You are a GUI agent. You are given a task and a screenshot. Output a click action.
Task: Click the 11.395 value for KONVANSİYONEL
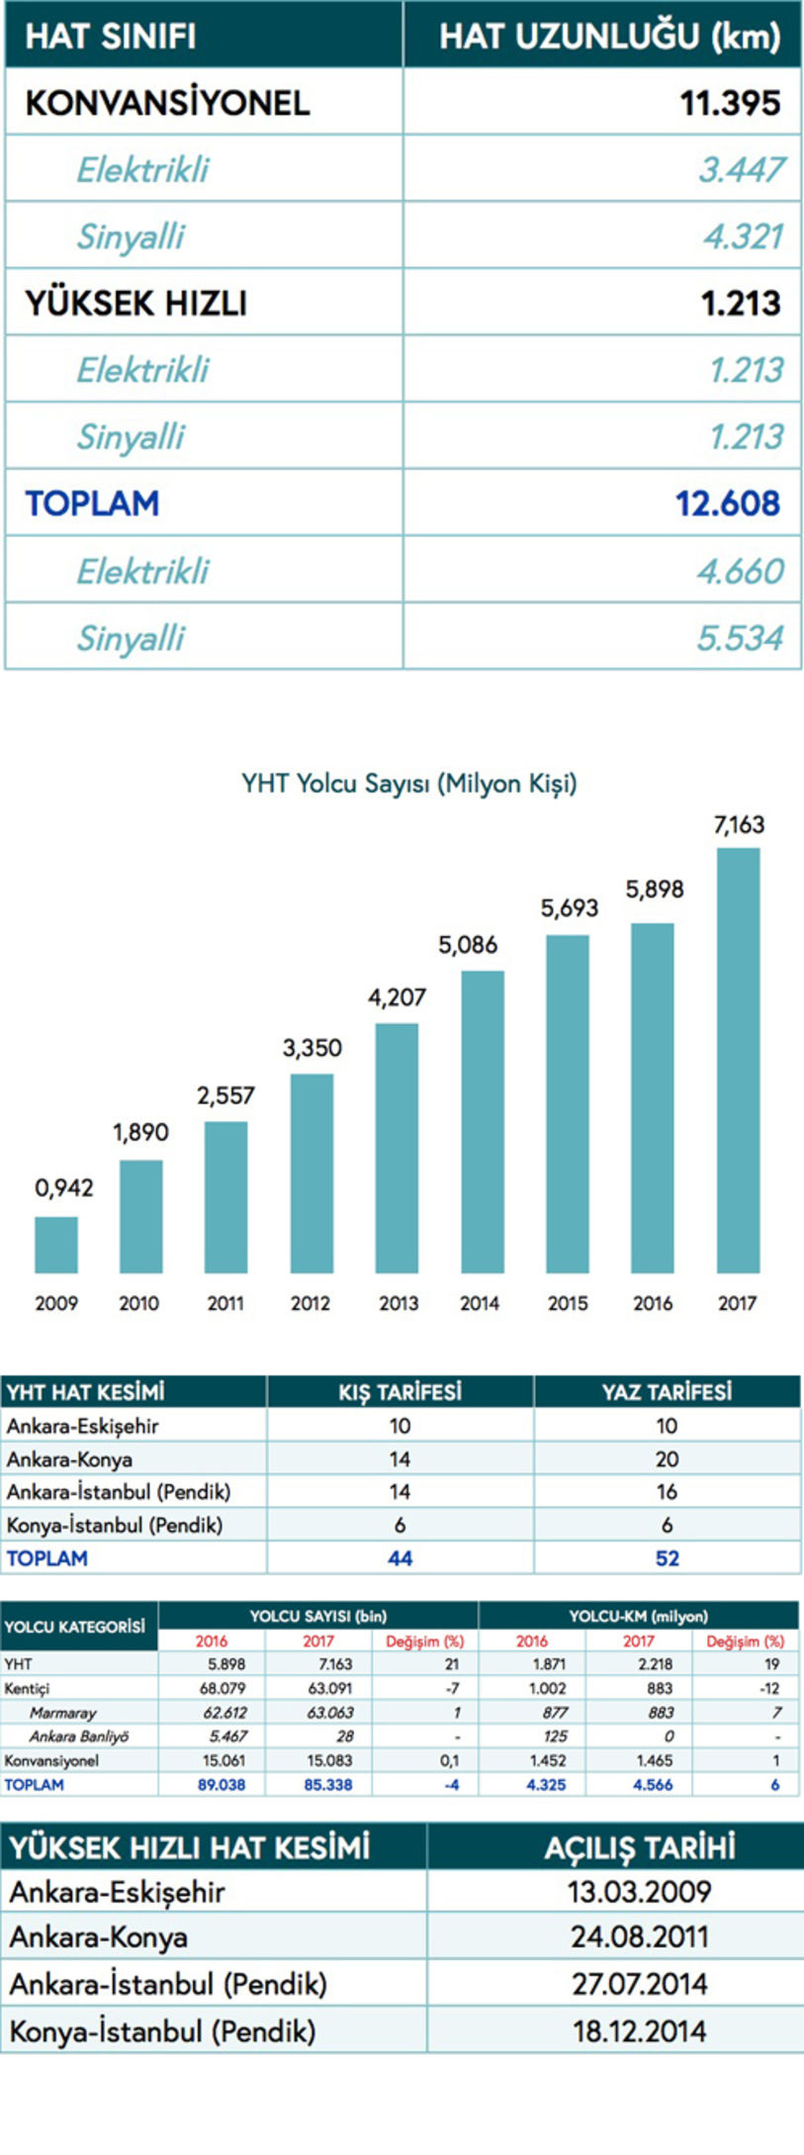point(729,103)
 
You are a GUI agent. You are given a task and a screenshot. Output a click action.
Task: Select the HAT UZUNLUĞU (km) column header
point(609,37)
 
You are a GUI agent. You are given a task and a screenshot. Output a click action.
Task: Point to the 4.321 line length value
point(742,236)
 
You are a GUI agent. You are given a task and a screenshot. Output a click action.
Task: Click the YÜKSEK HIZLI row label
point(135,303)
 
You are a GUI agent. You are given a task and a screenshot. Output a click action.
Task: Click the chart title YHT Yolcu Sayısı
point(408,784)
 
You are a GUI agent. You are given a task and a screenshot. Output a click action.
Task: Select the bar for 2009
point(56,1244)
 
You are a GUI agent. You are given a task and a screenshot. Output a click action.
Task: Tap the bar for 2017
point(738,1059)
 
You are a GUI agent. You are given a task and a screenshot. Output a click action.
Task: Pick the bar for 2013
point(397,1148)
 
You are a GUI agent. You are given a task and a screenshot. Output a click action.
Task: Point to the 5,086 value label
point(468,945)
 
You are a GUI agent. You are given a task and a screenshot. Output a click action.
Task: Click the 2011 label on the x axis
point(225,1303)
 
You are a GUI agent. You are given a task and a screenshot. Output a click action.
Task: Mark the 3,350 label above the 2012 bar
point(312,1048)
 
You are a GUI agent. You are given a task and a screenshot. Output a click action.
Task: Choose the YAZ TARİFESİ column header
point(667,1392)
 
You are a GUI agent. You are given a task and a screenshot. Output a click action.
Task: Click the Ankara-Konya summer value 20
point(667,1458)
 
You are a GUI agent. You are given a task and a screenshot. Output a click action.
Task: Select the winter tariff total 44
point(400,1558)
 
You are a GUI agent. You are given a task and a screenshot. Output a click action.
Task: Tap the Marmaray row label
point(62,1713)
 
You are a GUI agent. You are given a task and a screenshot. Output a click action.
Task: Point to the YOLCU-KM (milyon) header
point(638,1616)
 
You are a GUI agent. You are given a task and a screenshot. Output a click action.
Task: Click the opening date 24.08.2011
point(639,1936)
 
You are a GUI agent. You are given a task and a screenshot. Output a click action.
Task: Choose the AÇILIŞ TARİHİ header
point(639,1847)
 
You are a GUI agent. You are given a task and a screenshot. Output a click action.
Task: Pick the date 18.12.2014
point(639,2031)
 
